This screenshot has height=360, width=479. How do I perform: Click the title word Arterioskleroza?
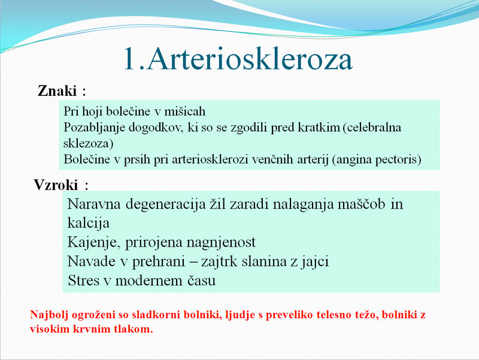(250, 59)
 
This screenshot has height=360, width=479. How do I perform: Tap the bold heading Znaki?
(57, 91)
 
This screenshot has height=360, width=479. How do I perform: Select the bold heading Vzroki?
(56, 184)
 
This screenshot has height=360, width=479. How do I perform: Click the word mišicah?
(185, 111)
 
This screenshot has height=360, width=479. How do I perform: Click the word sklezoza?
(87, 143)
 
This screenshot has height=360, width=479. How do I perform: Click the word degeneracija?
(166, 204)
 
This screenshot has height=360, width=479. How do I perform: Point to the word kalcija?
(88, 223)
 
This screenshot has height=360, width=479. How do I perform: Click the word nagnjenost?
(220, 243)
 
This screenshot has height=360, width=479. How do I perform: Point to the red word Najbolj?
(49, 314)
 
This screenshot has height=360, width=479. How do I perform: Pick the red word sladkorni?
(156, 314)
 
